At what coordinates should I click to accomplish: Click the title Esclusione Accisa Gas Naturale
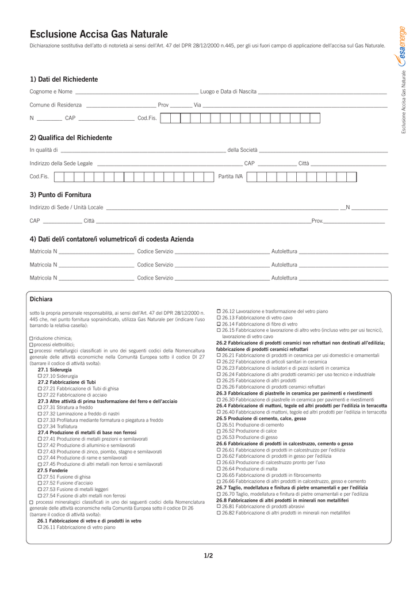tap(99, 35)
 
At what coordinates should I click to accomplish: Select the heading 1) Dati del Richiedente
tap(64, 79)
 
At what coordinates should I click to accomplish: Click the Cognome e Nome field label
tap(51, 91)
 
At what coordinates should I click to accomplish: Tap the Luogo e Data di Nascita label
tap(228, 91)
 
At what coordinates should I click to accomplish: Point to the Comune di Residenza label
tap(56, 105)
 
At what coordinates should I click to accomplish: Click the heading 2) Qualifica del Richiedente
tap(71, 137)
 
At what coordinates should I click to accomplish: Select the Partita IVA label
tap(231, 177)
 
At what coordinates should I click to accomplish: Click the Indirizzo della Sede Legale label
tap(61, 164)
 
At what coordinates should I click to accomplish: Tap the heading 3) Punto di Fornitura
tap(60, 194)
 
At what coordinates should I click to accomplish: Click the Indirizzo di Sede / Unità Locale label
tap(67, 207)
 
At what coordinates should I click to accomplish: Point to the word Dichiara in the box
tap(41, 299)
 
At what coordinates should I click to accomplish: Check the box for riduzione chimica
tap(31, 339)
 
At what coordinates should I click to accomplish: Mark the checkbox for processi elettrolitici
tap(31, 345)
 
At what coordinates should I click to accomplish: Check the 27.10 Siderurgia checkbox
tap(39, 376)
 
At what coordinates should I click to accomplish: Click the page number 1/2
tap(208, 556)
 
